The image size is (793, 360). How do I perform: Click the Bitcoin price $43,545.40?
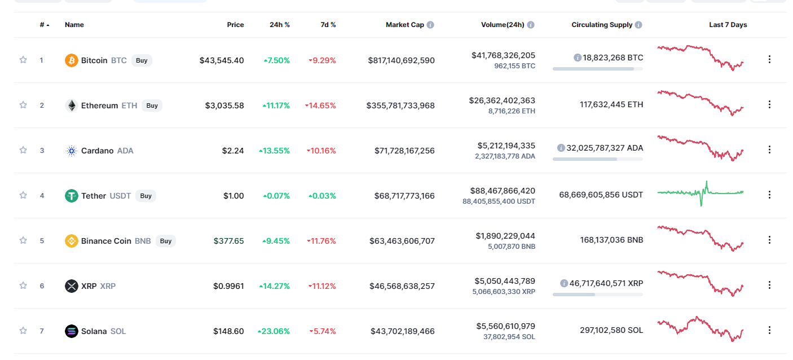click(x=222, y=60)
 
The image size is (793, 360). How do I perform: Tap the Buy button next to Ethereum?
click(x=152, y=106)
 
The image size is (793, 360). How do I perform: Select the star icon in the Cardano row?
click(x=23, y=150)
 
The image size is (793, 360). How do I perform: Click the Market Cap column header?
click(x=405, y=25)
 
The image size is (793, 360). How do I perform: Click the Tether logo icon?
click(x=72, y=196)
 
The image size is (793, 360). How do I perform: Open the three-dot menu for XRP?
click(x=769, y=285)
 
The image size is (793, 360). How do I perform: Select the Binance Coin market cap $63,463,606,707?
click(x=402, y=241)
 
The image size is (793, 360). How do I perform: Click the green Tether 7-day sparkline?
click(x=701, y=193)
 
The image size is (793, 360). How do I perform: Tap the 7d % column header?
click(x=327, y=25)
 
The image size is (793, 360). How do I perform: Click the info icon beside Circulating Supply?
click(x=638, y=25)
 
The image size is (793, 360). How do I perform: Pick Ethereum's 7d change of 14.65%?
click(x=320, y=106)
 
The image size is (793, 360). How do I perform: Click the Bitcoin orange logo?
click(x=72, y=60)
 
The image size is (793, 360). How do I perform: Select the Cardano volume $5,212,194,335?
click(x=505, y=146)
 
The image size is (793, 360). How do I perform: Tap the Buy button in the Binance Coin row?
click(x=165, y=241)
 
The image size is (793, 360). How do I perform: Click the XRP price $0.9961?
click(x=228, y=286)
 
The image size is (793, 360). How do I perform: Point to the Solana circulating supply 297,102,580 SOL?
click(x=611, y=330)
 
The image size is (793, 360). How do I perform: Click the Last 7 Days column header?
click(x=728, y=25)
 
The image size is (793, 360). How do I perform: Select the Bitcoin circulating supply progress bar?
click(x=597, y=69)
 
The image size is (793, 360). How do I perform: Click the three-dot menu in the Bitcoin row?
click(x=769, y=59)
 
